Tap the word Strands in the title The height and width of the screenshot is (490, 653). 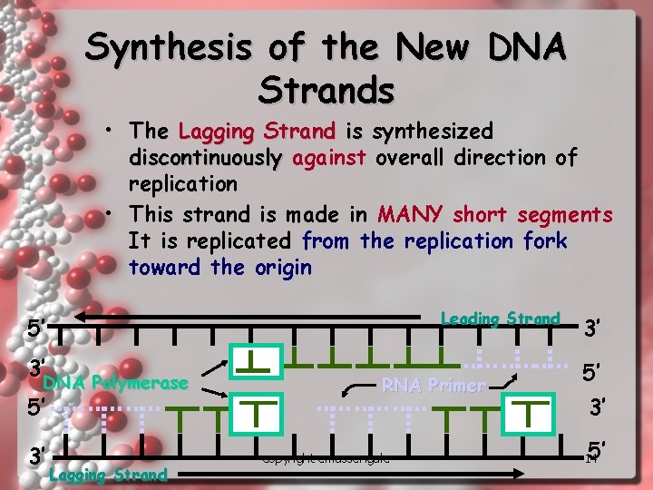tap(326, 90)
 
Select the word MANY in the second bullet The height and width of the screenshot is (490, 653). tap(410, 214)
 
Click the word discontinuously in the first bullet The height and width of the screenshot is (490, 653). tap(205, 158)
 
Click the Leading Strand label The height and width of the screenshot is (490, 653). tap(500, 318)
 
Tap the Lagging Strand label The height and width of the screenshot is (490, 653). tap(109, 474)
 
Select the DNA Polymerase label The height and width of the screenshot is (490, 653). tap(115, 383)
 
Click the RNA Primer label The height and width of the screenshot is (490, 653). tap(434, 385)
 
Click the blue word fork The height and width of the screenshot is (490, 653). tap(545, 241)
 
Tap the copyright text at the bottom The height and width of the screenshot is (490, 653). tap(326, 459)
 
